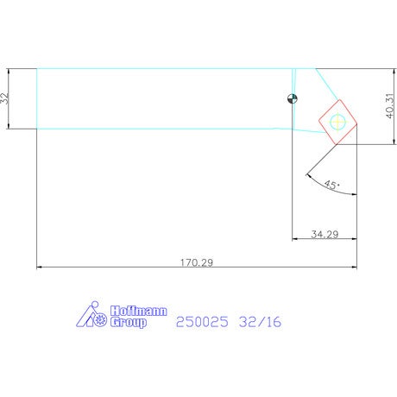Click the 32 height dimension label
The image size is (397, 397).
point(6,98)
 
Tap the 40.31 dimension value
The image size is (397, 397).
point(389,105)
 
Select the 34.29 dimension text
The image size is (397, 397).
point(325,234)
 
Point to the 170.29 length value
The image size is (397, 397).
point(197,262)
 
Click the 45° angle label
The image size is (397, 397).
point(332,185)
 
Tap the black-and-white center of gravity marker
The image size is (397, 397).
point(293,98)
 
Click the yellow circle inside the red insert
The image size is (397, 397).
point(337,122)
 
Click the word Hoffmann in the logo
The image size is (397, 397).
point(139,311)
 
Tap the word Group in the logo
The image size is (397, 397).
point(129,322)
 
